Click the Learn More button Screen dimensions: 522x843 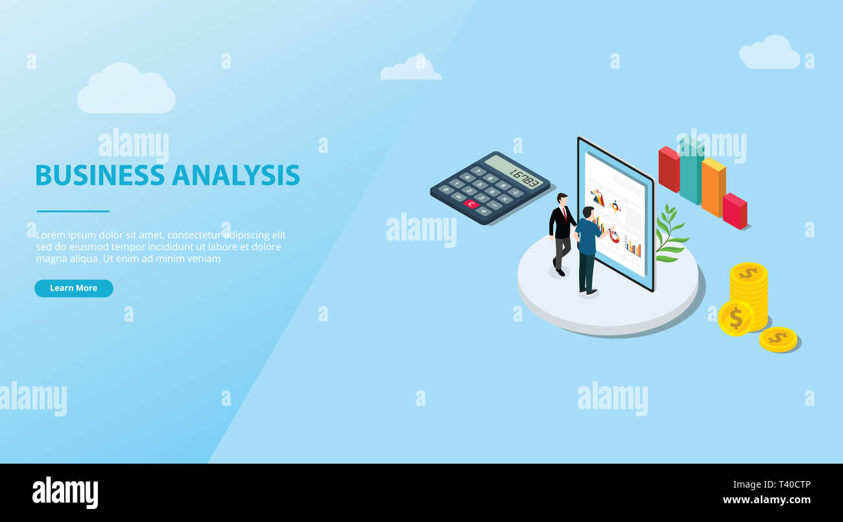click(x=73, y=288)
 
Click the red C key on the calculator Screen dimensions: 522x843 click(x=471, y=204)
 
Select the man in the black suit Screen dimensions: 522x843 click(x=561, y=232)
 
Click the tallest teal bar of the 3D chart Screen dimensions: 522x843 click(x=691, y=172)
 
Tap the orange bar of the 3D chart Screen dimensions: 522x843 click(x=713, y=188)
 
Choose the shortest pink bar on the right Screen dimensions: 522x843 click(x=734, y=211)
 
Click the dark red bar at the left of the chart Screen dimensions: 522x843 click(x=669, y=169)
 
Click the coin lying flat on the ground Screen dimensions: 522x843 click(x=777, y=338)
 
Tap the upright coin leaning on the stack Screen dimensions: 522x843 click(x=735, y=318)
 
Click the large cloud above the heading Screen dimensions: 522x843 click(x=126, y=91)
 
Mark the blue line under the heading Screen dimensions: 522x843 click(x=73, y=211)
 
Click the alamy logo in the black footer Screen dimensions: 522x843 click(x=65, y=493)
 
